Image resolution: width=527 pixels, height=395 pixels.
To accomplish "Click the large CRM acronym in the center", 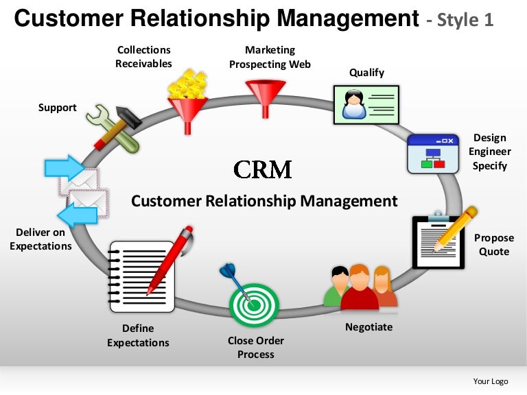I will [x=263, y=169].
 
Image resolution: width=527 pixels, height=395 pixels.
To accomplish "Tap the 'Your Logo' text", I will [x=491, y=381].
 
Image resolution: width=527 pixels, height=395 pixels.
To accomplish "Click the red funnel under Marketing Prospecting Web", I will [x=266, y=97].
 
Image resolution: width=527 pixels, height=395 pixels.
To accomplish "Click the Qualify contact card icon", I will [x=366, y=104].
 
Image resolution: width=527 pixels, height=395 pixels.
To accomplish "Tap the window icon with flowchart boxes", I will [x=432, y=153].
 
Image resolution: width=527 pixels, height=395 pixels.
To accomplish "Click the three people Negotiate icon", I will [x=360, y=287].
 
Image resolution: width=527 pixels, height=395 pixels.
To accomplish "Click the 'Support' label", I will [x=57, y=108].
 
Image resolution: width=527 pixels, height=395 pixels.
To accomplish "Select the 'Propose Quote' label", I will [x=494, y=245].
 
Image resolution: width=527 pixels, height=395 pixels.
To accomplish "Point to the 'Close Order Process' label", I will [x=255, y=348].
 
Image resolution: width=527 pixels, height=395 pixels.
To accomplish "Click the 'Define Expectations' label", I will [x=138, y=335].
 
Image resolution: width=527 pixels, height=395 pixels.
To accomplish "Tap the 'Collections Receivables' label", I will [x=143, y=57].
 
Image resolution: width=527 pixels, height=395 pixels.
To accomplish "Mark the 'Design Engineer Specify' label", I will [x=490, y=152].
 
